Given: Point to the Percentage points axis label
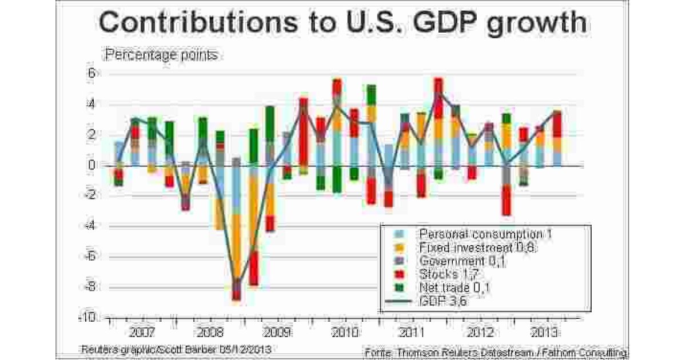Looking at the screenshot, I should (x=161, y=55).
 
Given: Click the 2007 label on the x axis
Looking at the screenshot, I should (x=141, y=332).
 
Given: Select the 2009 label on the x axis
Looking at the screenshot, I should (x=276, y=332).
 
